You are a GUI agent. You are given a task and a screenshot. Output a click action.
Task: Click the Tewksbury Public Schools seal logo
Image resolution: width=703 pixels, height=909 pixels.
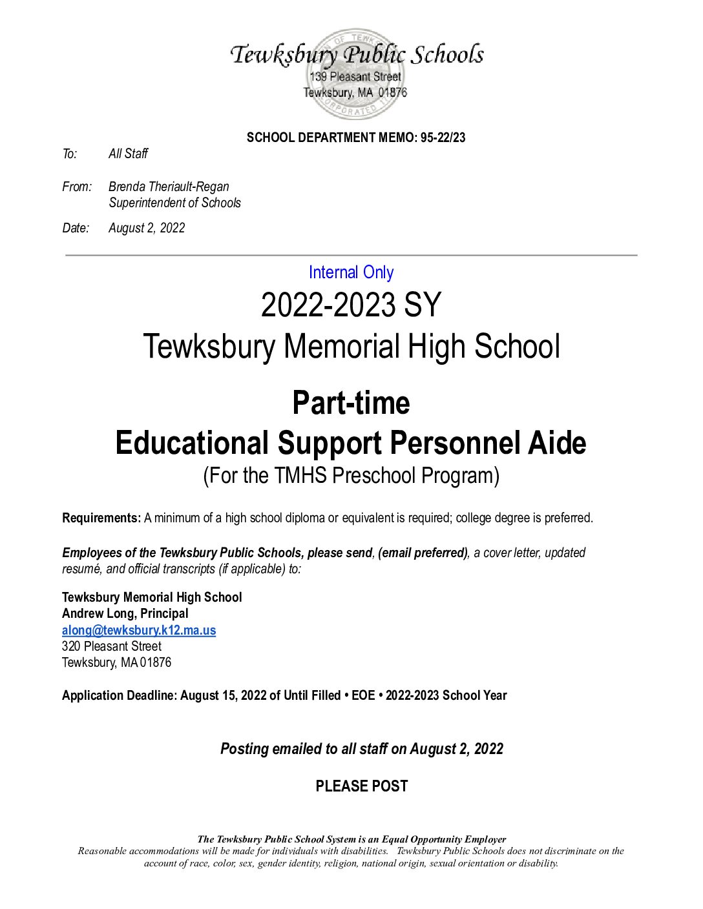coord(355,74)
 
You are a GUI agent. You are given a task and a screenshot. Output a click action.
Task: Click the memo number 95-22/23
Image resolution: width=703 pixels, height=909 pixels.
coord(443,138)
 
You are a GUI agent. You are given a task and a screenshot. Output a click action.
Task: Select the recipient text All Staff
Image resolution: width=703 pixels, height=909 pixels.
coord(128,154)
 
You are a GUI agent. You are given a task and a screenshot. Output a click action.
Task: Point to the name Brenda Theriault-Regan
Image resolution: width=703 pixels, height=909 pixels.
coord(169,187)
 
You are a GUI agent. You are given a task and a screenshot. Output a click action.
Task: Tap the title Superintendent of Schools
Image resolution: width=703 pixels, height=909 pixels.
coord(174,203)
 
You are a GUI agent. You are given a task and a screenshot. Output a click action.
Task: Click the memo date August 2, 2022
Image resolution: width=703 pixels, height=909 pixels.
coord(147,228)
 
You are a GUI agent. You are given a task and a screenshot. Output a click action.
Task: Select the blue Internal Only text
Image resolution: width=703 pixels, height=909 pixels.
coord(351,272)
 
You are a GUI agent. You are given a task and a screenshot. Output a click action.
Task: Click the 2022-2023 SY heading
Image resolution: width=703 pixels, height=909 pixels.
coord(351,305)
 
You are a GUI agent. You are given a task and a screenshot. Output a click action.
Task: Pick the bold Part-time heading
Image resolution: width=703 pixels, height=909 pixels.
coord(351,403)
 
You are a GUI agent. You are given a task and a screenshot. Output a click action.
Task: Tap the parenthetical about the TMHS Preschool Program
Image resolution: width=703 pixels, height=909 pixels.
coord(351,476)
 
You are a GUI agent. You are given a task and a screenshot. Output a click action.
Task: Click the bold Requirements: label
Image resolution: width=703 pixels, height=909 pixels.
coord(101,518)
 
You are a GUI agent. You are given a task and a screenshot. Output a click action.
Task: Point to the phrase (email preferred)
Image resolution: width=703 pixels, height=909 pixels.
coord(423,553)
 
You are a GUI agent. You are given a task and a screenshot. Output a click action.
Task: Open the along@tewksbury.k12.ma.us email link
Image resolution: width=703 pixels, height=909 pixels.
coord(139,630)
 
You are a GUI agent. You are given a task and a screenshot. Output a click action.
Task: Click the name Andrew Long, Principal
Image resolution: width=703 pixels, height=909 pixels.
coord(125,613)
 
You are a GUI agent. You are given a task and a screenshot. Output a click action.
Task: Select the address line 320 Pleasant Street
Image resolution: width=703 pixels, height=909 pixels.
coord(112,646)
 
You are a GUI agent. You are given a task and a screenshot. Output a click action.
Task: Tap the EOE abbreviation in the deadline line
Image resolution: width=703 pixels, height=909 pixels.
coord(363,695)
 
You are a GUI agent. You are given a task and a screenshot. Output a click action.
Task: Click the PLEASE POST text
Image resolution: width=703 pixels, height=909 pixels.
coord(362,786)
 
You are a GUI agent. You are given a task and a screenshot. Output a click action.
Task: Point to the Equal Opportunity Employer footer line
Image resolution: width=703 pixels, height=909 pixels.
coord(351,839)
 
